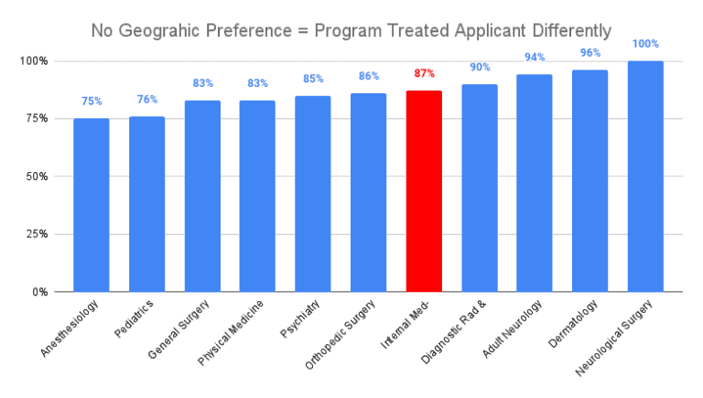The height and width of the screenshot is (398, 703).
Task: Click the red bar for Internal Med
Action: click(424, 191)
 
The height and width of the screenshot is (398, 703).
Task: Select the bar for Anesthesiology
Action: click(92, 205)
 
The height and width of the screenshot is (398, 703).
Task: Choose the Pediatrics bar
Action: click(146, 204)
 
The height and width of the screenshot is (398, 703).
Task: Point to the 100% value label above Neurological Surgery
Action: click(645, 43)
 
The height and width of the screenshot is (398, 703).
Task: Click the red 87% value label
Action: click(424, 73)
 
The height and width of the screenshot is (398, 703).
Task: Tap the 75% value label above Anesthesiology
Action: click(92, 101)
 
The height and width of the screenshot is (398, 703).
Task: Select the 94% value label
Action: click(535, 57)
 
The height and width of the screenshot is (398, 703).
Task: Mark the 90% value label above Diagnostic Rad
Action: click(480, 67)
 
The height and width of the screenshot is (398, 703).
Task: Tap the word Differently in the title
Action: click(567, 31)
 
